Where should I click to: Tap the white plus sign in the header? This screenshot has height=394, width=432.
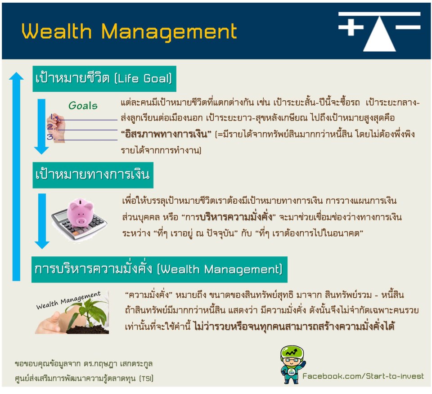tap(351, 27)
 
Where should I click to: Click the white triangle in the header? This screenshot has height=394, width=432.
tap(379, 34)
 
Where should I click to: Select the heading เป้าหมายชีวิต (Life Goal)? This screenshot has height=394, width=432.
tap(103, 78)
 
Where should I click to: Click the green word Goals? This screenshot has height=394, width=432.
tap(83, 105)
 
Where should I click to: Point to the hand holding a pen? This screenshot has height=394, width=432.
tap(56, 127)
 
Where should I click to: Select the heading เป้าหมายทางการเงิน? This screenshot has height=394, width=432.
tap(93, 175)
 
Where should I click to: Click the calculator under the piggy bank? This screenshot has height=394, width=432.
tap(79, 224)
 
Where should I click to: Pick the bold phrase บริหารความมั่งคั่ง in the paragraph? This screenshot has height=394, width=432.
tap(236, 217)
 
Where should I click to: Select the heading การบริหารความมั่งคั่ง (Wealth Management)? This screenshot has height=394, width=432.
tap(159, 269)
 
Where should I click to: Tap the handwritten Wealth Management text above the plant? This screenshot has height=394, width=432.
tap(68, 300)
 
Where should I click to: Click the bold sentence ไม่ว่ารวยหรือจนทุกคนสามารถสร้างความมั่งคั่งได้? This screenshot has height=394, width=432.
tap(294, 326)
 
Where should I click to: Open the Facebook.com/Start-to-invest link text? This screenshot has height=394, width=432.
tap(363, 376)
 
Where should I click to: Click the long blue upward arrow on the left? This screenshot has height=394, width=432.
tap(16, 176)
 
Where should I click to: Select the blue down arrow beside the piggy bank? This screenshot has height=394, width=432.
tap(42, 221)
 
